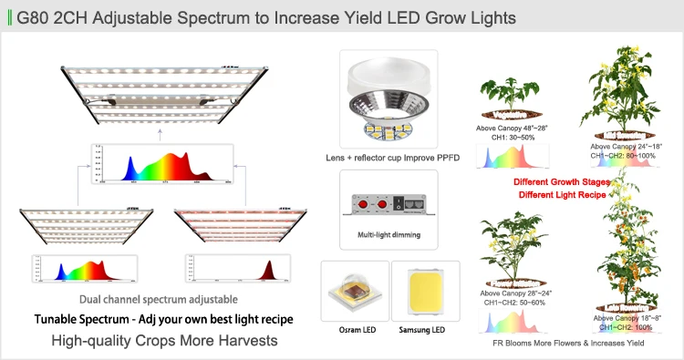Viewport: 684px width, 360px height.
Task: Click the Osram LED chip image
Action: pyautogui.click(x=352, y=291)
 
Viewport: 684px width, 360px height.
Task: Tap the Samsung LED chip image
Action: pyautogui.click(x=419, y=291)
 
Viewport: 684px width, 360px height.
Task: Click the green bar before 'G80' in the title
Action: pyautogui.click(x=9, y=17)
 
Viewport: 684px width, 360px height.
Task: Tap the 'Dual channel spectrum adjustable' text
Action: pyautogui.click(x=159, y=299)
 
